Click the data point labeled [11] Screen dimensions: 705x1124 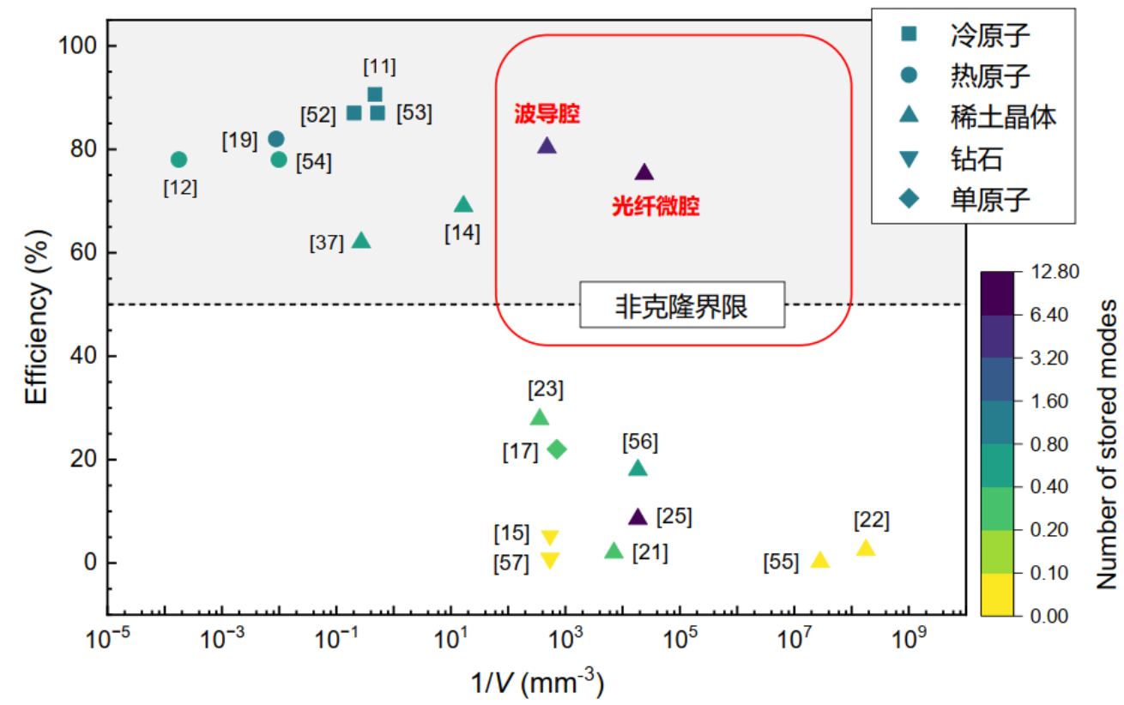(375, 94)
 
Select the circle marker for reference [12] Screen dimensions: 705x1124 (178, 160)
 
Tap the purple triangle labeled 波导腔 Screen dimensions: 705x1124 (547, 146)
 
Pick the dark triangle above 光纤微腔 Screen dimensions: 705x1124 (644, 172)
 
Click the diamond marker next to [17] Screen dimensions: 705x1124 (557, 449)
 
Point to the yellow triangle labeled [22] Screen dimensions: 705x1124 (866, 548)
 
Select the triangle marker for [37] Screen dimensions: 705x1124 (361, 241)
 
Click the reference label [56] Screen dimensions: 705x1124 (639, 442)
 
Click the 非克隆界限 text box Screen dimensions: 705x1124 (682, 305)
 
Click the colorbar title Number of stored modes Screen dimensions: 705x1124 (1108, 443)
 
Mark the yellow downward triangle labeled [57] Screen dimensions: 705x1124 (550, 561)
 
